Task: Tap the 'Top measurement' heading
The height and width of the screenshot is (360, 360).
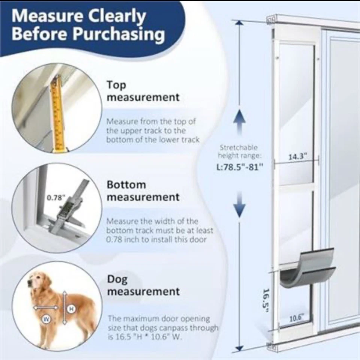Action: (143, 91)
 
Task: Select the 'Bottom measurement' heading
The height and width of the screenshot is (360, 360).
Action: (143, 190)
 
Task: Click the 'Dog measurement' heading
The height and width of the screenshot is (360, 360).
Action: (143, 285)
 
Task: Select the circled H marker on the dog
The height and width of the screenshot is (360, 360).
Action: (71, 309)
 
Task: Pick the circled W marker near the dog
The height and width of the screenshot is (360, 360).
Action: (45, 319)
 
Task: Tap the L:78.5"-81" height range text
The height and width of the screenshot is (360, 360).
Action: (239, 167)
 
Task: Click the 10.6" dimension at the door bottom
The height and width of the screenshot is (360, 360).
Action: (297, 319)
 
